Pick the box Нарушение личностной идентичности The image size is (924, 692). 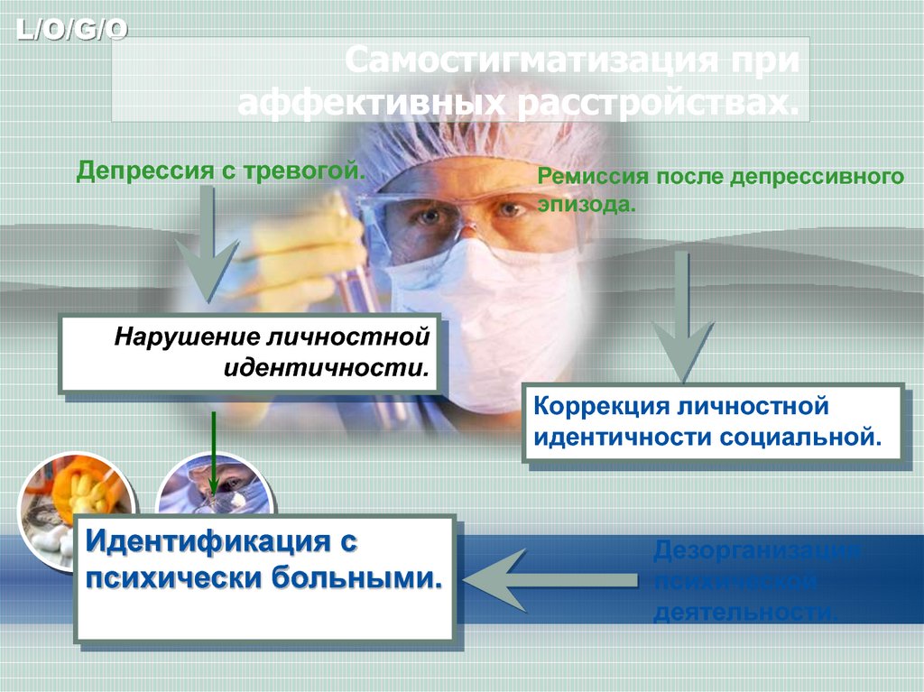coord(249,353)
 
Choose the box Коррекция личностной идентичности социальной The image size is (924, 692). coord(714,422)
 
